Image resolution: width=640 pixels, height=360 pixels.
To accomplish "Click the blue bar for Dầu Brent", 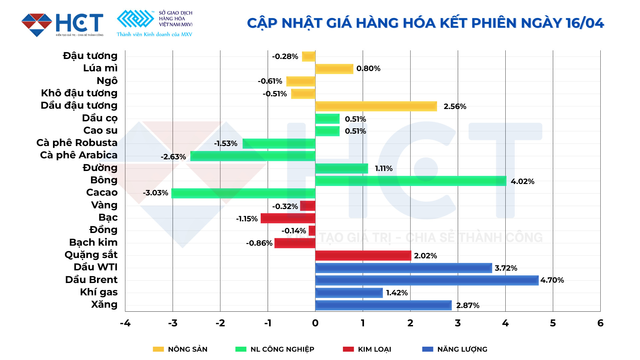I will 427,280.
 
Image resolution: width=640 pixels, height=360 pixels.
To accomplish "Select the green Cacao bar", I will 243,193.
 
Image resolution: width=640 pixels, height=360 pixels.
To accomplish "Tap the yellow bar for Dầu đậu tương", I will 376,106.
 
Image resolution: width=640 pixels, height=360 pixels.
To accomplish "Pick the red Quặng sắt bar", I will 363,256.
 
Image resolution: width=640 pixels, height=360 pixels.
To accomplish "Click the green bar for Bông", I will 411,181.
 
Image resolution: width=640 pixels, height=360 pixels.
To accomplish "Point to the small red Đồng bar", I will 312,231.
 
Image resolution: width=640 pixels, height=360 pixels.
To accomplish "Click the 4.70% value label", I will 552,280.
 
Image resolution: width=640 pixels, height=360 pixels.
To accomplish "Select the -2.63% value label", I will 173,157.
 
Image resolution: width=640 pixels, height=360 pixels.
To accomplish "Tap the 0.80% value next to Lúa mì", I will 368,69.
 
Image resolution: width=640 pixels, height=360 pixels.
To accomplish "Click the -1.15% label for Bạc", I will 247,219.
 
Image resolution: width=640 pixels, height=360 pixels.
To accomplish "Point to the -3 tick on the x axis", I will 173,323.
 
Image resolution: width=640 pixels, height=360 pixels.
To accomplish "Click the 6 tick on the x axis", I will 600,323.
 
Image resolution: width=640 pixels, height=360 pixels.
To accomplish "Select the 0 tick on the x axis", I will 315,323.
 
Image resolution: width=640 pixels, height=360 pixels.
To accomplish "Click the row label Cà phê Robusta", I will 77,143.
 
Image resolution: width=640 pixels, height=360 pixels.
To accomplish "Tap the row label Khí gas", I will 99,292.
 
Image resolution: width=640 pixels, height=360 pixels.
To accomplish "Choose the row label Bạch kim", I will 93,242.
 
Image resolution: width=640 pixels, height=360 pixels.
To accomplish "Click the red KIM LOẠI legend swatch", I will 348,349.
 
